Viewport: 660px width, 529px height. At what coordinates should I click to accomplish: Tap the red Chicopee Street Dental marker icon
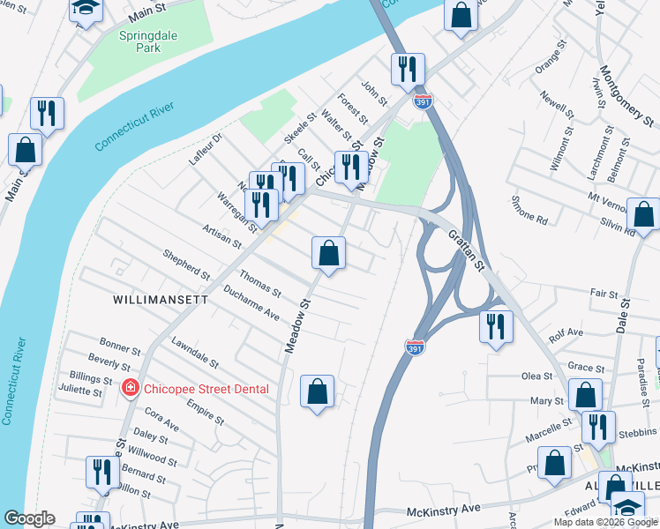(130, 388)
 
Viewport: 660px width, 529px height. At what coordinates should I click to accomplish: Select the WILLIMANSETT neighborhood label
(161, 300)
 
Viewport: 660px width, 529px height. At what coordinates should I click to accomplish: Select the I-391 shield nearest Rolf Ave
(414, 347)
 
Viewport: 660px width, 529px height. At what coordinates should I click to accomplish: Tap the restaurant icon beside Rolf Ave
(496, 325)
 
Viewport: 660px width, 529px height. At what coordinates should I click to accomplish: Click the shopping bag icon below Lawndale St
(318, 391)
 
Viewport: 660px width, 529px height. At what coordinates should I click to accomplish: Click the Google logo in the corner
(29, 518)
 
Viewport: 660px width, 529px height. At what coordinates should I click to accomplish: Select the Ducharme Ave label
(251, 302)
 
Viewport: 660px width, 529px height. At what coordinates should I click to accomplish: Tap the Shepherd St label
(185, 265)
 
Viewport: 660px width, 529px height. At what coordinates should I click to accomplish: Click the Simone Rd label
(529, 209)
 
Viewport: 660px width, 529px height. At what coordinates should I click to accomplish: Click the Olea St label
(536, 376)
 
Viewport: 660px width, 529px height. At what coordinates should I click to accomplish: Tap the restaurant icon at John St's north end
(408, 69)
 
